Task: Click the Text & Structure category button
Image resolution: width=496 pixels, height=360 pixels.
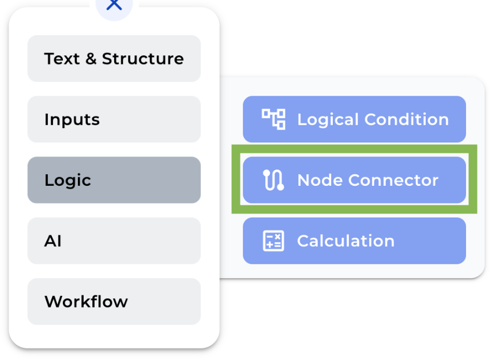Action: tap(114, 59)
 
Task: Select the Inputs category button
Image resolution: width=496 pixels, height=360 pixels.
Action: tap(114, 119)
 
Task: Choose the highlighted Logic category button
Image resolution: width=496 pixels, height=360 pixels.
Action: tap(114, 180)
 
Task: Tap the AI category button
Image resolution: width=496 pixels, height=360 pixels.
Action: tap(114, 241)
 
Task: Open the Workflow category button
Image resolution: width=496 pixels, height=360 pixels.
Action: tap(114, 301)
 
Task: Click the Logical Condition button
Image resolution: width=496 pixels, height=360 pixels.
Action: tap(354, 119)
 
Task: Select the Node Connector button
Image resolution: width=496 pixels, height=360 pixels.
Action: tap(354, 180)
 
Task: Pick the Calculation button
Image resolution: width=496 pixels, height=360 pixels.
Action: tap(354, 241)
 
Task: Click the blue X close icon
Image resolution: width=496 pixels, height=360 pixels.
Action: tap(114, 5)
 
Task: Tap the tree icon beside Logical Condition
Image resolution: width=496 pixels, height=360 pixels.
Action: tap(273, 119)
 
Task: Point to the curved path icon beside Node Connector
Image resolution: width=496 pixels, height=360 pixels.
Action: tap(273, 180)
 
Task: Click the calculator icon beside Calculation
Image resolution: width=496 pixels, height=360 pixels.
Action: tap(273, 241)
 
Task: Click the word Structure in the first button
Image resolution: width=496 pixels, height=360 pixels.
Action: tap(142, 59)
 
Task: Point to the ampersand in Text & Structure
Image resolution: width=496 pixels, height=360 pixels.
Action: tap(91, 59)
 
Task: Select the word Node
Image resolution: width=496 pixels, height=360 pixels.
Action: tap(319, 180)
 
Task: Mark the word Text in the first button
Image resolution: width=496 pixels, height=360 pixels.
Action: tap(62, 59)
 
